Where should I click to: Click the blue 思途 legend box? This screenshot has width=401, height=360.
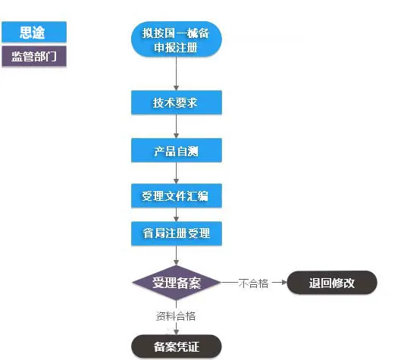click(x=33, y=32)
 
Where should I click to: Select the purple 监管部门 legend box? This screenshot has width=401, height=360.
click(x=33, y=57)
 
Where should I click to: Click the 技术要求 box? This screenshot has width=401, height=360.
click(x=177, y=103)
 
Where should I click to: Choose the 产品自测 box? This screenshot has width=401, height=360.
click(x=177, y=150)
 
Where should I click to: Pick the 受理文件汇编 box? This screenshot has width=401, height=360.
click(x=177, y=196)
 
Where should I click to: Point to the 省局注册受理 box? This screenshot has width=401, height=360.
click(x=177, y=233)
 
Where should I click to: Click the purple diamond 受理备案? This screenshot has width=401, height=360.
click(x=177, y=283)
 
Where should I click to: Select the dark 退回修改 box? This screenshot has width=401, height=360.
click(x=331, y=283)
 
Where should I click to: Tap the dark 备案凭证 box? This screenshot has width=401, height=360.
click(x=177, y=346)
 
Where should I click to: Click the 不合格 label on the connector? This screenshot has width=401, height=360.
click(x=253, y=283)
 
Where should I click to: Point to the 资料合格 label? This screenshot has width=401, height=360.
click(x=176, y=316)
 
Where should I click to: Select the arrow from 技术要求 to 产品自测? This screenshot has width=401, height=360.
click(x=177, y=127)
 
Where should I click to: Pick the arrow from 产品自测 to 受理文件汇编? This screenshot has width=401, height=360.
click(x=177, y=174)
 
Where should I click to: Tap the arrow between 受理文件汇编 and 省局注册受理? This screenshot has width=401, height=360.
click(x=177, y=215)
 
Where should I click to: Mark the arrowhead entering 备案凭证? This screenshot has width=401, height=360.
click(x=177, y=330)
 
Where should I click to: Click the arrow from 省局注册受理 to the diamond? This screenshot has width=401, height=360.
click(x=177, y=256)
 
